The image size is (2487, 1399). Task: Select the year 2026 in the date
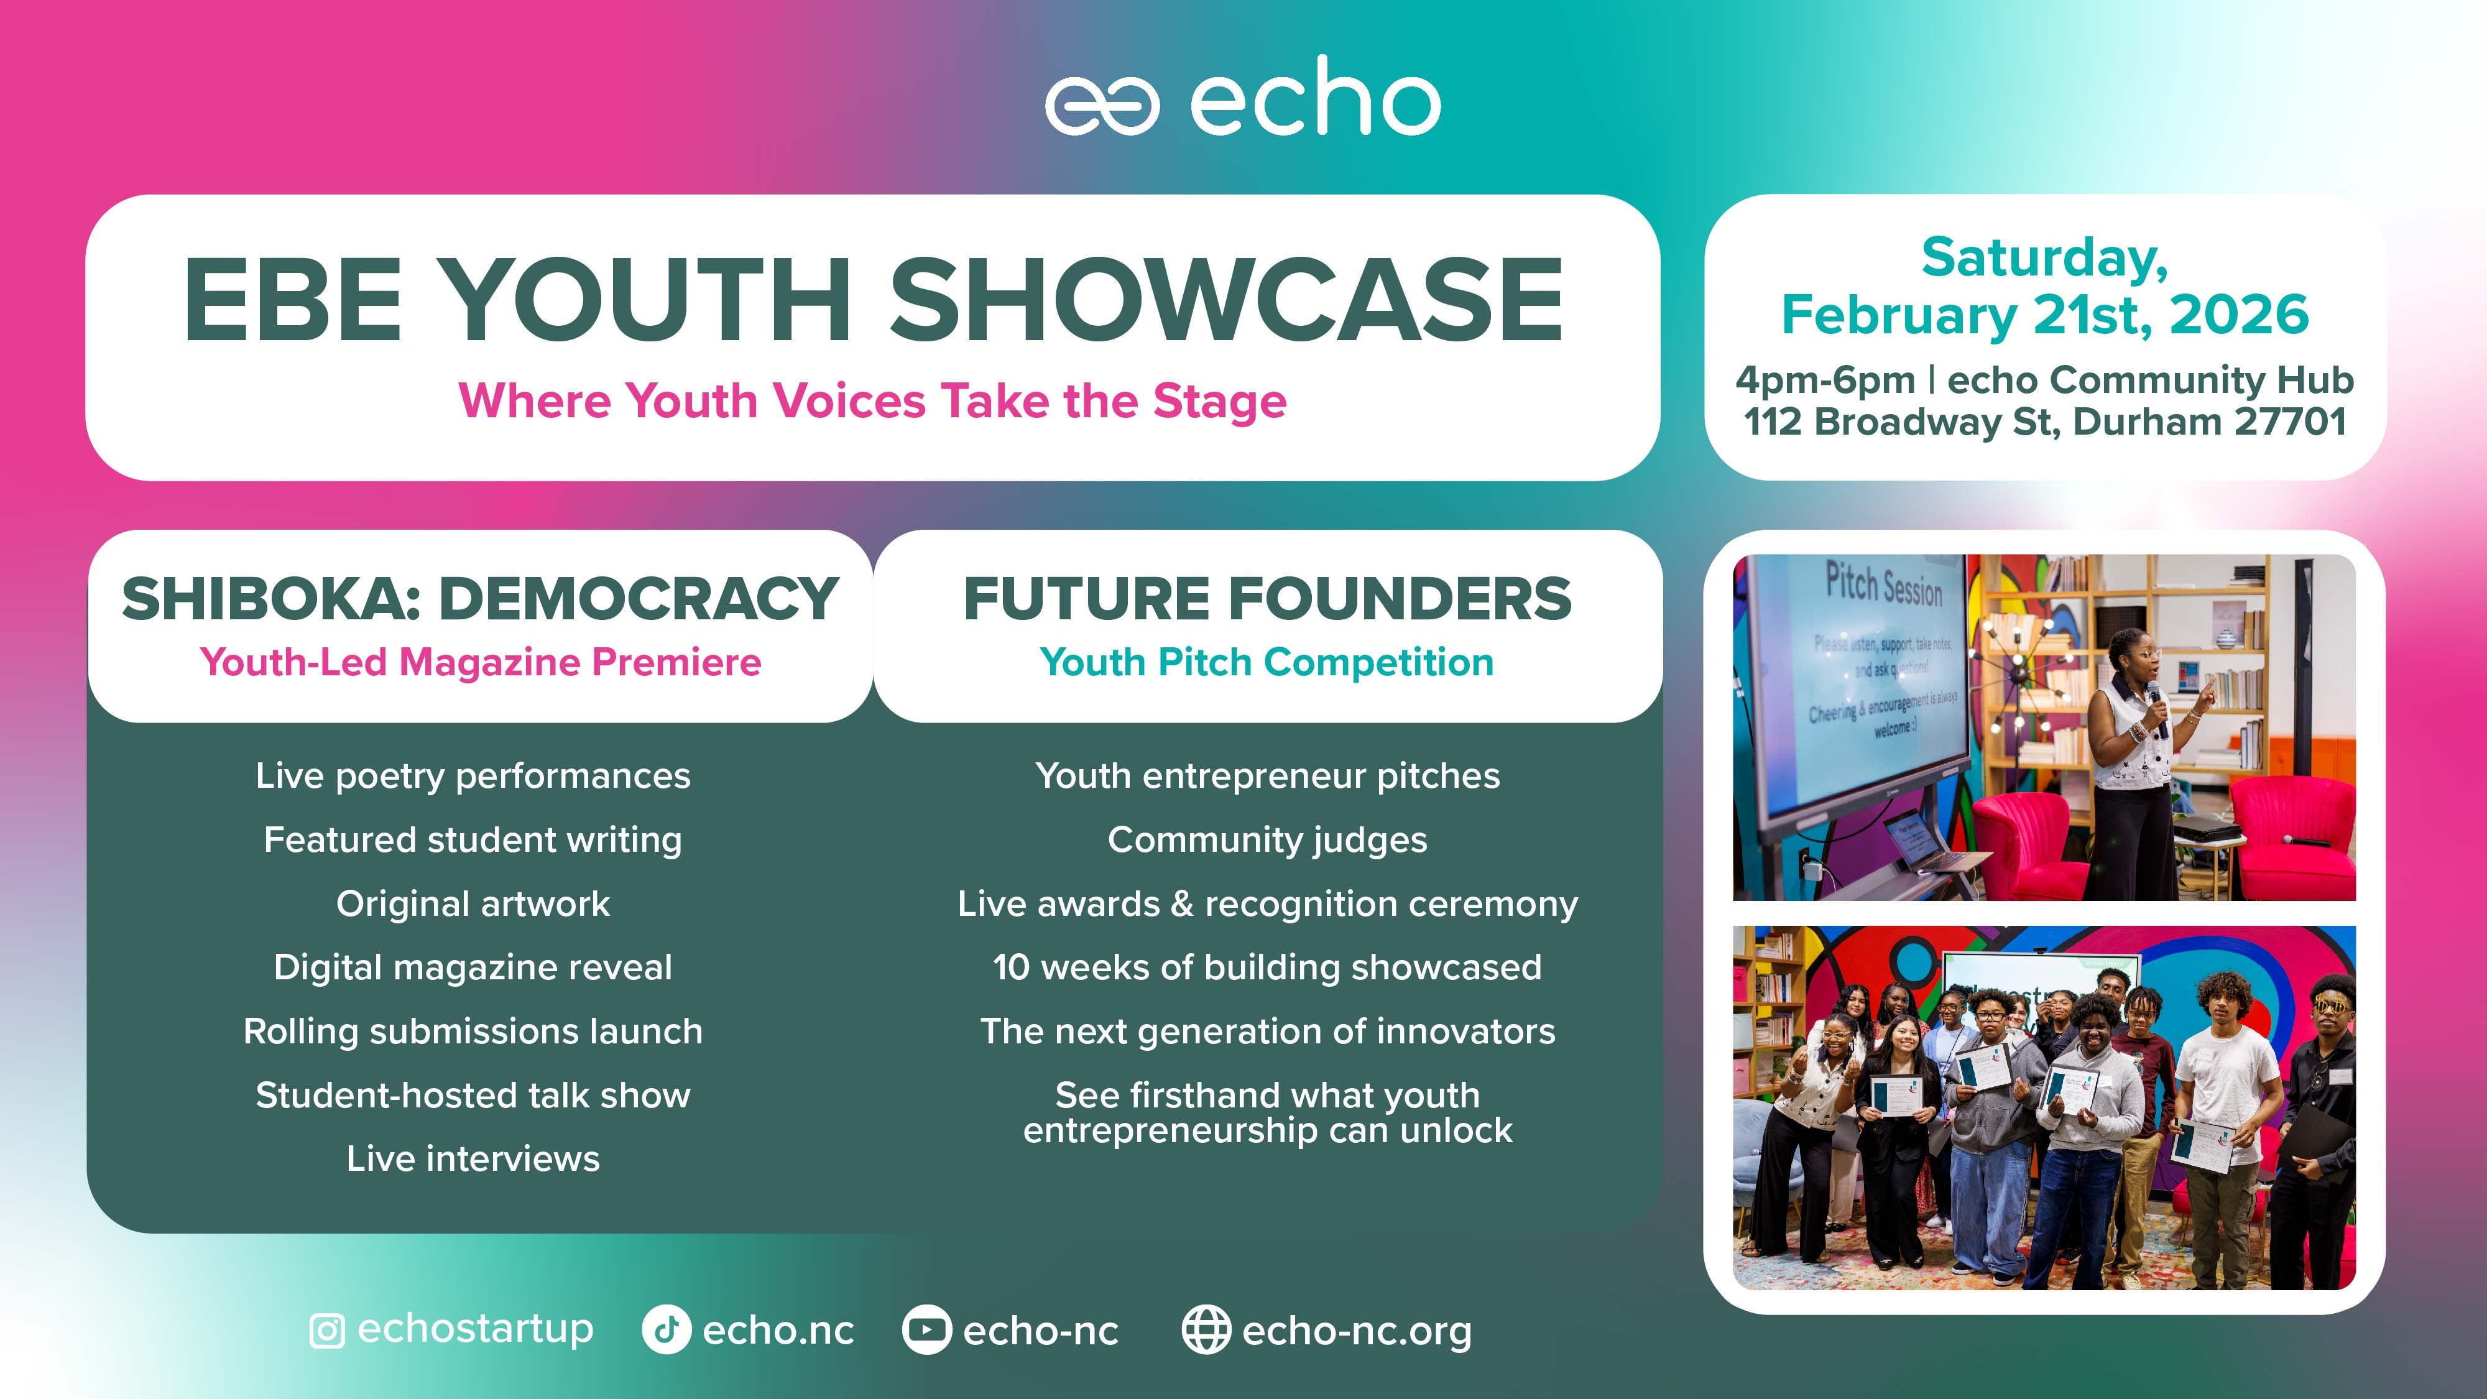click(x=2239, y=315)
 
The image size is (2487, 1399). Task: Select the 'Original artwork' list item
click(x=473, y=903)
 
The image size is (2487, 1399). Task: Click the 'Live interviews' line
click(x=473, y=1158)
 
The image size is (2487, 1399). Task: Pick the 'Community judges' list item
click(x=1268, y=841)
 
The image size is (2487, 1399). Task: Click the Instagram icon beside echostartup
click(x=326, y=1331)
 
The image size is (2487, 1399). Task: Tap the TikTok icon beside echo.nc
click(x=666, y=1331)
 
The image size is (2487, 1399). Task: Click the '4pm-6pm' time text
click(x=1825, y=381)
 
